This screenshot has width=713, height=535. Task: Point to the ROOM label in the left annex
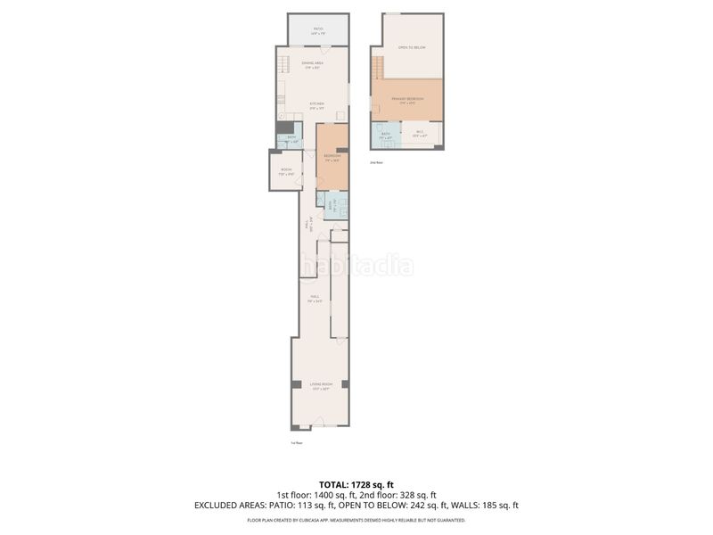pos(286,171)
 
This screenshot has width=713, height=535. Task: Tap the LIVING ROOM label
pos(320,386)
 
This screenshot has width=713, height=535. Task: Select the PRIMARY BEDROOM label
pos(408,100)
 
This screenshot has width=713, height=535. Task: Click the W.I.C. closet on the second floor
pos(421,135)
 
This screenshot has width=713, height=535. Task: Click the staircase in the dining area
pos(283,65)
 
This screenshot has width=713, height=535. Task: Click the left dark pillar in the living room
pos(295,384)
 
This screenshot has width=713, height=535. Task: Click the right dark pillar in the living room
pos(345,384)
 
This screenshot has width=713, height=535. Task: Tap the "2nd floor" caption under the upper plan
pos(377,163)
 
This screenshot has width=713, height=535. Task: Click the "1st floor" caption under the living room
pos(297,442)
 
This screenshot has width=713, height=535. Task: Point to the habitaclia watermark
pos(356,265)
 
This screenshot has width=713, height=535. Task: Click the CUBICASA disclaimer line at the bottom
pos(356,520)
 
